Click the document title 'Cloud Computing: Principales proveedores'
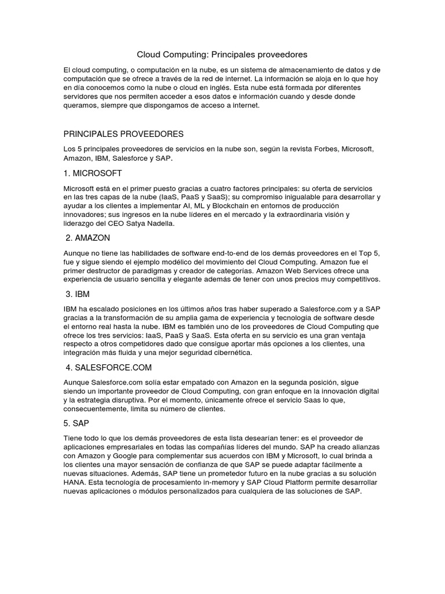click(x=222, y=55)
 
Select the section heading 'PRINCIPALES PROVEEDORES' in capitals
click(x=123, y=134)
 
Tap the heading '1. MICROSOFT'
click(x=93, y=173)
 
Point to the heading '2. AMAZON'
click(x=88, y=238)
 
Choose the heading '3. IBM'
click(x=78, y=294)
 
